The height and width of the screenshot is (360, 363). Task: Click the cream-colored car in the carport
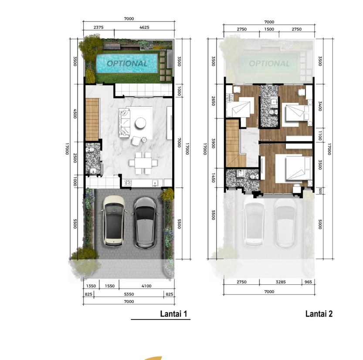point(113,221)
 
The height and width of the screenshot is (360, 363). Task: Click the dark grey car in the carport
point(145,222)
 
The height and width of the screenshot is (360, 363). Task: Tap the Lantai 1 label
point(173,314)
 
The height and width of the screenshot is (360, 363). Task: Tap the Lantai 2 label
point(319,314)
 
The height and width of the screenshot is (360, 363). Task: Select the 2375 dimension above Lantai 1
point(98,27)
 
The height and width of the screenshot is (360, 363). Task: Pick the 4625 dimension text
point(144,27)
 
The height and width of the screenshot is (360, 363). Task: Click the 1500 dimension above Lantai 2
point(269,29)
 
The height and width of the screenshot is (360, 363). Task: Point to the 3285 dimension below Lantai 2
point(281,282)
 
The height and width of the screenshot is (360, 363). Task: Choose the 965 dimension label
point(308,282)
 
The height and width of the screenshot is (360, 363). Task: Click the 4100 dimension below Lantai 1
point(146,286)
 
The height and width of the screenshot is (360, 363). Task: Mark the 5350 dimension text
point(129,294)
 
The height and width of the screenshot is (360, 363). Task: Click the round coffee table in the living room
point(140,123)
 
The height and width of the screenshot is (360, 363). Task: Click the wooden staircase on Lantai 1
point(92,119)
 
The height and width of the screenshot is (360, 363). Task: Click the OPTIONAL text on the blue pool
point(127,64)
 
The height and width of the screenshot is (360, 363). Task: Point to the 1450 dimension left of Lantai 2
point(214,178)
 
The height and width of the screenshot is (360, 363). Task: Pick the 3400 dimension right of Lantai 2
point(320,106)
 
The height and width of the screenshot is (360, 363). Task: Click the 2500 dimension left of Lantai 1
point(75,158)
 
